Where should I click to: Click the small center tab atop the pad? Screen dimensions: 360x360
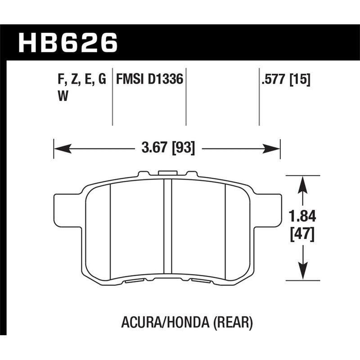(167, 172)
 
